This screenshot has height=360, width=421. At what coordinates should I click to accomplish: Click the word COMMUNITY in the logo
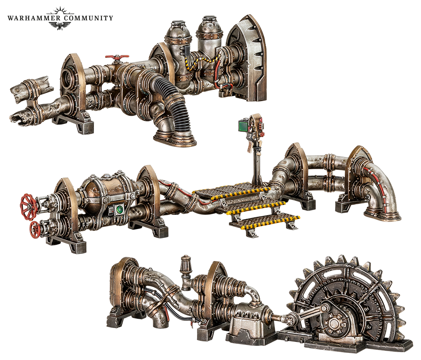click(x=88, y=18)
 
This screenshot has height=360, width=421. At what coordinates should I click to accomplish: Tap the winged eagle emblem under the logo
click(x=60, y=25)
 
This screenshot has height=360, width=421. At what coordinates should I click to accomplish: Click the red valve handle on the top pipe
click(x=117, y=57)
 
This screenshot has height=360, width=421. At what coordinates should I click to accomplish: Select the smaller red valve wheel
click(x=35, y=230)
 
